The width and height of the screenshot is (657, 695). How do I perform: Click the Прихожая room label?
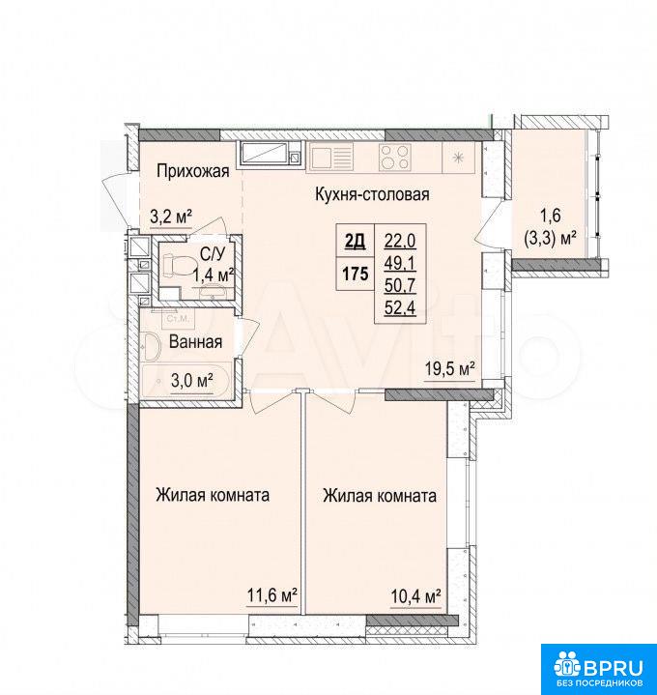coord(193,171)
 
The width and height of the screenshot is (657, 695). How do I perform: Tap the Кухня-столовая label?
coord(372,194)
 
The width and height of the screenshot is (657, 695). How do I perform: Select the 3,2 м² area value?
coord(171,217)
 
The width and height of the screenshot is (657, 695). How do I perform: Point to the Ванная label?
coord(196,342)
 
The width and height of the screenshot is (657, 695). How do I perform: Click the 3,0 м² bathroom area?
coord(192,380)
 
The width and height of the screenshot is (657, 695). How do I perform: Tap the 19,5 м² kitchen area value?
coord(450,368)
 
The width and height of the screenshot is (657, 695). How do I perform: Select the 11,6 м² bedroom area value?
coord(271,595)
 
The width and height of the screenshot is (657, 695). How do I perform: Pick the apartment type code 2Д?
coord(355,241)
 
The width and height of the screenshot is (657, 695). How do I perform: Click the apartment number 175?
coord(356,275)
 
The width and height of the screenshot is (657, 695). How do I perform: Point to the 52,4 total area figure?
coord(400,307)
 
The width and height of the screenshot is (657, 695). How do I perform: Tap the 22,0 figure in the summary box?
coord(400,242)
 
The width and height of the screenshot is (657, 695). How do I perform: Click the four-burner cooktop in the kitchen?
coord(394,158)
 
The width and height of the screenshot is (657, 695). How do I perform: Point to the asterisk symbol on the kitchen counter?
coord(459,157)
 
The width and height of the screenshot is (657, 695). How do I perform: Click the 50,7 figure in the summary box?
coord(400,285)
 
